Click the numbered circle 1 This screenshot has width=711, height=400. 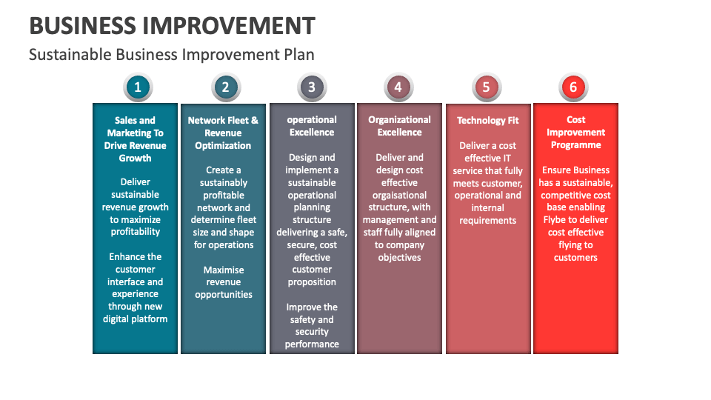pos(138,87)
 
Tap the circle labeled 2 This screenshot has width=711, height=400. pos(225,87)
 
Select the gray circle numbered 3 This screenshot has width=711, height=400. pos(312,87)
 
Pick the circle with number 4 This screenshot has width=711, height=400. pos(398,87)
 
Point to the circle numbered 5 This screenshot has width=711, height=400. pos(486,87)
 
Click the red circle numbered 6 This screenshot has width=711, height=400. pos(573,87)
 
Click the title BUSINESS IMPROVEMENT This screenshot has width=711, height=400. pos(172,26)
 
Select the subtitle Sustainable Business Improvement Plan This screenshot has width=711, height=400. pos(172,55)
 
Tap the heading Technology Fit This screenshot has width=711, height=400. pos(487,120)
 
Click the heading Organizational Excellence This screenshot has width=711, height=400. pos(399,126)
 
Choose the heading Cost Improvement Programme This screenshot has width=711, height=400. pos(576,132)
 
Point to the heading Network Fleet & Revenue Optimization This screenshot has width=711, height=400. pos(224,133)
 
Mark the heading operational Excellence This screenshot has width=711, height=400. pos(312,126)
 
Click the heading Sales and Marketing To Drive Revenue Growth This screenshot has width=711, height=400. pos(136,139)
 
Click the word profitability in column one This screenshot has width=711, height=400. pos(136,232)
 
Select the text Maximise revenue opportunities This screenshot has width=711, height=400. pos(224,282)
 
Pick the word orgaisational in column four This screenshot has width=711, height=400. pos(399,196)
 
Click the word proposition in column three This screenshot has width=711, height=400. pos(312,282)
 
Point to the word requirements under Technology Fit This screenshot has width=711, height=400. pos(487,221)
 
